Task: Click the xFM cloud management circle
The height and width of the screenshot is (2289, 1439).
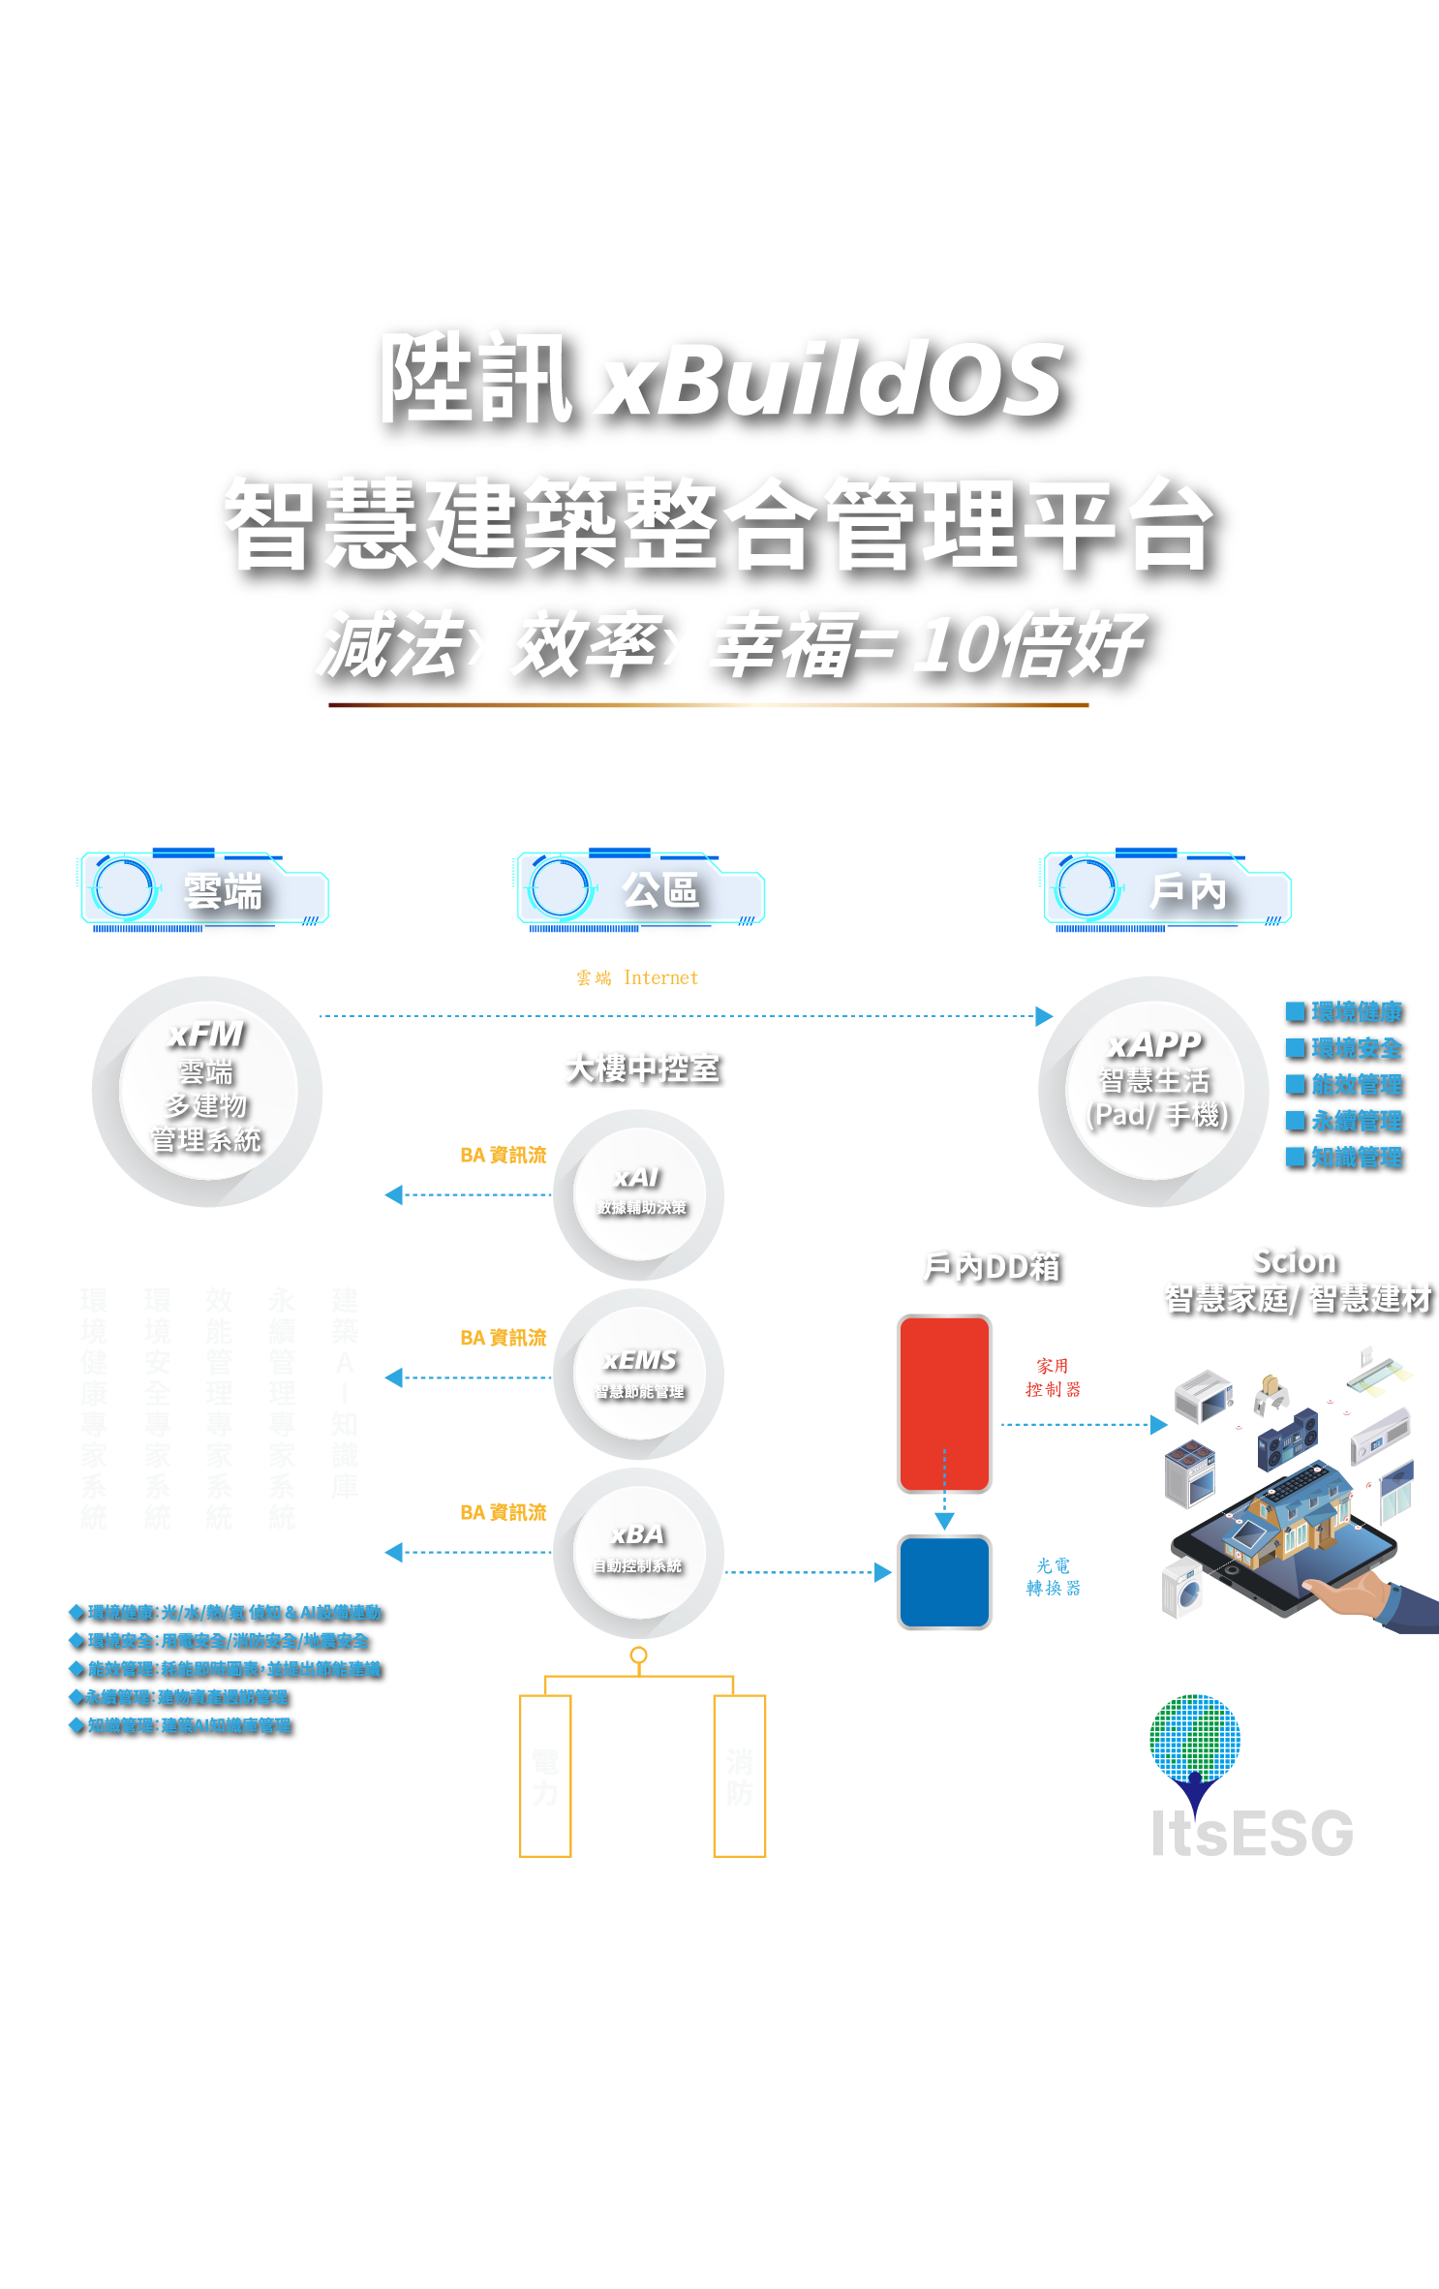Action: [206, 1091]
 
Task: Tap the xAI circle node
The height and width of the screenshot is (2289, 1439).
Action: [638, 1193]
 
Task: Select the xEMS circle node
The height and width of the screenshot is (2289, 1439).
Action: [638, 1374]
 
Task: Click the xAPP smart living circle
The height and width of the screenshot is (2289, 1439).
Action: [1154, 1091]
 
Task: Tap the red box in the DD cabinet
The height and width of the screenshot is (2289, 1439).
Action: [944, 1403]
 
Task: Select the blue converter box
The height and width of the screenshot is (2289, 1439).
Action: [944, 1582]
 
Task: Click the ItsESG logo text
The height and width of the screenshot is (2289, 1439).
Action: [1251, 1833]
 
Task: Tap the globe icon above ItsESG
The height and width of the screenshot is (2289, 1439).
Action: [1195, 1739]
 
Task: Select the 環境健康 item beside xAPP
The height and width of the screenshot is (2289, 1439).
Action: [1346, 1012]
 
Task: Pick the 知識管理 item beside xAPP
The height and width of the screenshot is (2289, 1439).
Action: [1346, 1157]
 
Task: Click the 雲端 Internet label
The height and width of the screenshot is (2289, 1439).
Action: [637, 978]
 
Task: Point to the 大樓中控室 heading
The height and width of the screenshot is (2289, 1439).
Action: [643, 1067]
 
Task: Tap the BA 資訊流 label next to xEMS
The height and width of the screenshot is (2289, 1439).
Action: [503, 1338]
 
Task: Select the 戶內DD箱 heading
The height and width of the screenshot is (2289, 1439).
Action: [992, 1266]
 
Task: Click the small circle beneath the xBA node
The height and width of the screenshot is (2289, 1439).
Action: [638, 1655]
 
